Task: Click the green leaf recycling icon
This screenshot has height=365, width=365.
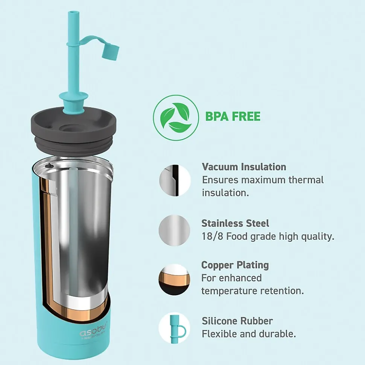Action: pos(176,118)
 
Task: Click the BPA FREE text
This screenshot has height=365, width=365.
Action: pos(233,117)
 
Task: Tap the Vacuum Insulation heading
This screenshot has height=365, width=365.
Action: pos(244,167)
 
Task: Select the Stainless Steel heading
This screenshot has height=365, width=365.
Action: pos(235,223)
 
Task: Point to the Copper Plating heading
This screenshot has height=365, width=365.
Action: pos(235,265)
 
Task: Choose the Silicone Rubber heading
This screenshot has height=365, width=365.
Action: pos(237,321)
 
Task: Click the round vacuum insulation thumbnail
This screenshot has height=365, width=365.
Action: pos(175,180)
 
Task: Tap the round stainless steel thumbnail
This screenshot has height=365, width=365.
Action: pos(174,230)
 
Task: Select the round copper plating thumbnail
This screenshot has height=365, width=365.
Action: pos(174,280)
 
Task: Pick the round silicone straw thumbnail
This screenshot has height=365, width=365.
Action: pos(174,328)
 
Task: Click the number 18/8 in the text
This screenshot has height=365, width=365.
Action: pos(212,236)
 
